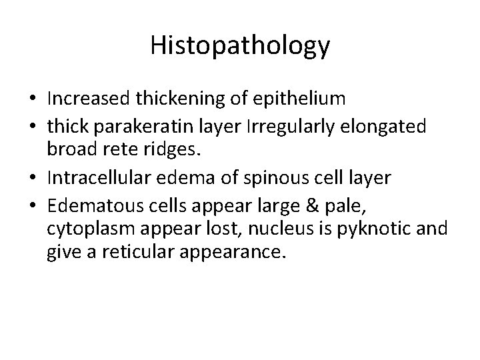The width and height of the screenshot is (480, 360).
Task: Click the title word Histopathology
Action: coord(240,45)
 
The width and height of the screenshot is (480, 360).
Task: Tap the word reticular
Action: coord(135,253)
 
